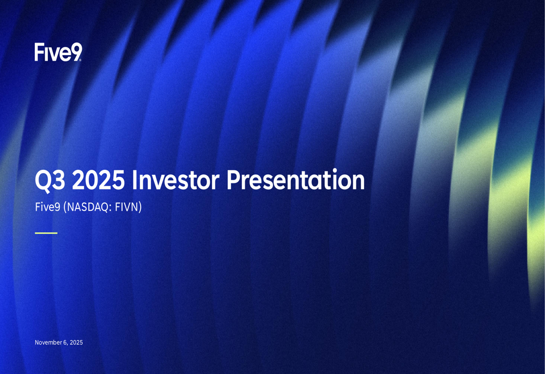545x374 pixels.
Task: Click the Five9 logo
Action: pos(58,52)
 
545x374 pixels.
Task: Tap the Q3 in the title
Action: pos(50,180)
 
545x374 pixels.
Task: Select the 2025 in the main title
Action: pos(98,180)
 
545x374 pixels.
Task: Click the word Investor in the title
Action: pos(175,180)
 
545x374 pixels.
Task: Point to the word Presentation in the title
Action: pos(295,180)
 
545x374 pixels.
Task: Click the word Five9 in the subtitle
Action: pos(47,207)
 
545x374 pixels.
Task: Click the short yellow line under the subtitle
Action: pos(46,233)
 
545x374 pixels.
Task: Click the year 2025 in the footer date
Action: pos(76,342)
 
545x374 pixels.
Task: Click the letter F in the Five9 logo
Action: pos(39,52)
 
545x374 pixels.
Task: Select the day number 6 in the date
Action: pos(65,342)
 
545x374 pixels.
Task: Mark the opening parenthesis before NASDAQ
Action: pos(65,207)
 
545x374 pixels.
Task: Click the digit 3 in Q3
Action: pos(59,180)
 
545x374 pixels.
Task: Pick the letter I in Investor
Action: pos(134,180)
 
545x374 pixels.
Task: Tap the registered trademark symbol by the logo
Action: pos(81,60)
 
